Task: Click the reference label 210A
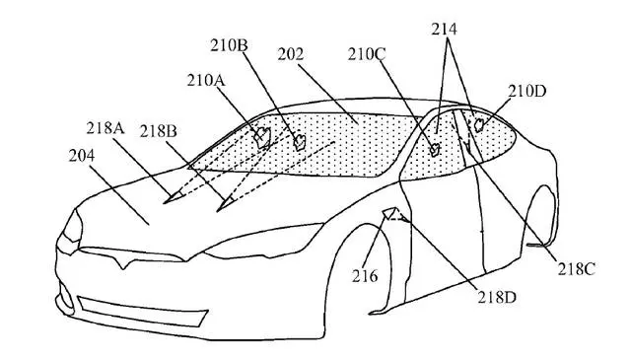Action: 206,81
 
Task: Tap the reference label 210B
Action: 229,45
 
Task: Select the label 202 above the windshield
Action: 290,54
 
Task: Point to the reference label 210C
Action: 367,54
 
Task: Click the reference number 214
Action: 444,30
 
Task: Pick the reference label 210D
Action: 526,92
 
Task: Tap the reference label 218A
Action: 105,128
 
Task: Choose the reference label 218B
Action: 158,131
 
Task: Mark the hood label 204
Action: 82,156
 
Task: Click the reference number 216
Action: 365,276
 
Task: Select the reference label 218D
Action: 497,298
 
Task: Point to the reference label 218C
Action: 576,269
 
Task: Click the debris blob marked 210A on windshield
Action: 262,136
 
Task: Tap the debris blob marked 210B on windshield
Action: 300,142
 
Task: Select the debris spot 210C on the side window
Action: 435,150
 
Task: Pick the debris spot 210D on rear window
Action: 479,125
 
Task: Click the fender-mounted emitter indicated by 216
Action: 389,213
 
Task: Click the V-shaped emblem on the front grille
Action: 121,258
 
